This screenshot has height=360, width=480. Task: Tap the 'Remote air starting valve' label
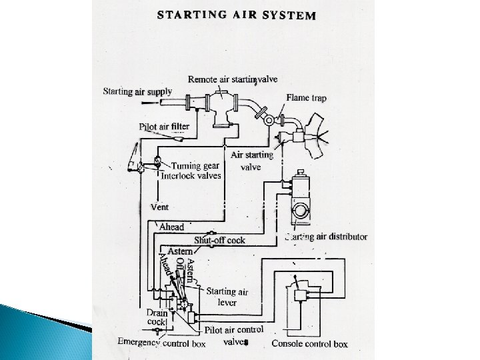[232, 79]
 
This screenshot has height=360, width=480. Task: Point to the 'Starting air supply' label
[137, 92]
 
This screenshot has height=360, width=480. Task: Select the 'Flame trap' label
[307, 98]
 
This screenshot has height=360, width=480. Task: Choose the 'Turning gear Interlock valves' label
[197, 171]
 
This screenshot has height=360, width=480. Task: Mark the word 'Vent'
[159, 207]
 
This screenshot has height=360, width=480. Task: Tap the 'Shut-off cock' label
[219, 239]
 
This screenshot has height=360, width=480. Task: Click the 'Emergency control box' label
[161, 344]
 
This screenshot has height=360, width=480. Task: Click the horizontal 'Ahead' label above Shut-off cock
[171, 227]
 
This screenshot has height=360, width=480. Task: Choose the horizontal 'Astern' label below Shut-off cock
[180, 251]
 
